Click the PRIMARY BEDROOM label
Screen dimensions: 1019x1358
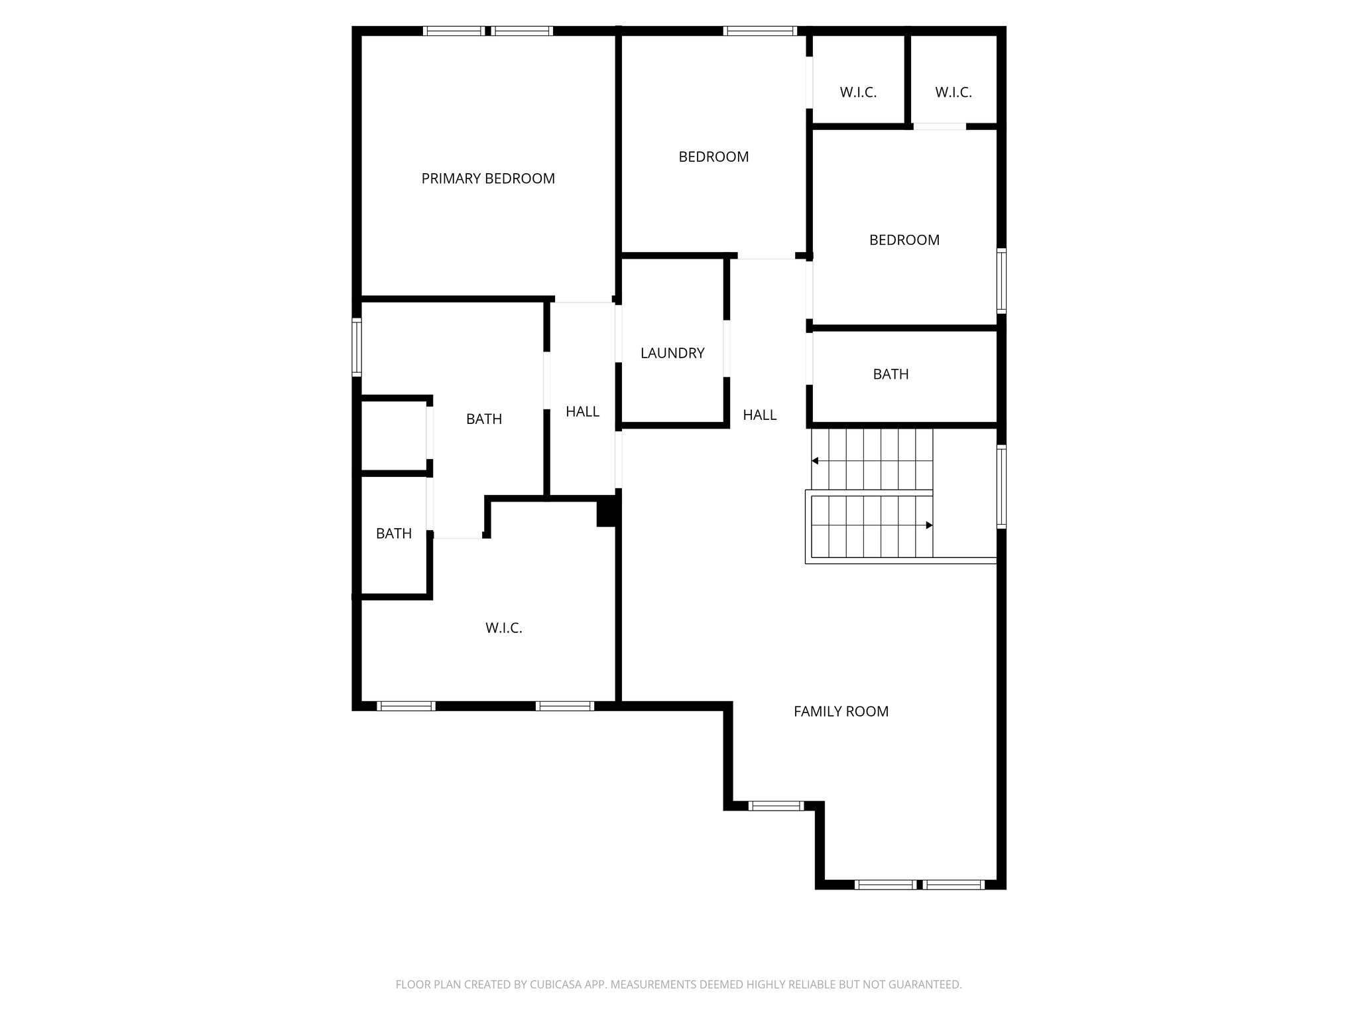[488, 178]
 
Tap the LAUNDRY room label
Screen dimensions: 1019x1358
[672, 353]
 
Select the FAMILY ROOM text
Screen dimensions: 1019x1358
[841, 711]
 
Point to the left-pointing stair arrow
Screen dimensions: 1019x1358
[816, 460]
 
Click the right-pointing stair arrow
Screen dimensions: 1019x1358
[928, 525]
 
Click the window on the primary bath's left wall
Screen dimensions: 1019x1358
[357, 347]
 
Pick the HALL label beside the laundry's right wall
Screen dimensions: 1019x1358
[759, 415]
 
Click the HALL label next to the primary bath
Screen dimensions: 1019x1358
[582, 411]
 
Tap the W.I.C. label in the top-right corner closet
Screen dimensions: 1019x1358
[954, 93]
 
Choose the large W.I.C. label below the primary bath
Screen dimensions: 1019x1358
[504, 628]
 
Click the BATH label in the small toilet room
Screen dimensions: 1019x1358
[394, 533]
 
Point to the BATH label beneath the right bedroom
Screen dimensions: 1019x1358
[891, 374]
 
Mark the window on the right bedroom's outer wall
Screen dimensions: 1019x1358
[1001, 281]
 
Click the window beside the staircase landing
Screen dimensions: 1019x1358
[1001, 486]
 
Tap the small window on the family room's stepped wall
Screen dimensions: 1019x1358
[776, 806]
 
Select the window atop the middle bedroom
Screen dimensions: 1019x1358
[760, 31]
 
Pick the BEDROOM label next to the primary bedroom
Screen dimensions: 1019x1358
[713, 157]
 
